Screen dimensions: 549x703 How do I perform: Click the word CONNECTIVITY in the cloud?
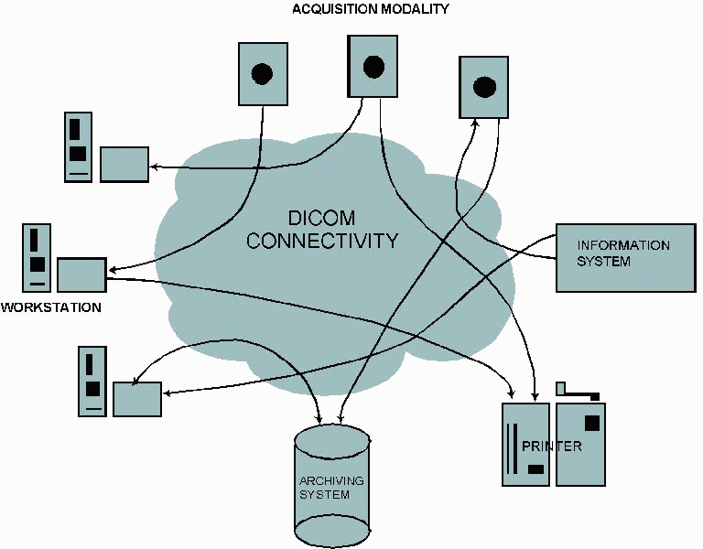click(x=322, y=242)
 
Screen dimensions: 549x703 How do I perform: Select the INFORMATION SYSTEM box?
click(x=625, y=257)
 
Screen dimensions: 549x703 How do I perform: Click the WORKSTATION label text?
click(x=51, y=307)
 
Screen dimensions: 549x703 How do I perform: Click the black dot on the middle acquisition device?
click(x=373, y=66)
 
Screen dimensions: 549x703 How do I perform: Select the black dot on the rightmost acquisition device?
click(x=484, y=87)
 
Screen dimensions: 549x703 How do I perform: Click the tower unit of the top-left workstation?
click(x=78, y=146)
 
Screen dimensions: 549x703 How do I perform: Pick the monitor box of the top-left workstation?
click(x=124, y=164)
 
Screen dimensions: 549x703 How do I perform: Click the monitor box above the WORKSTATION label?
click(x=81, y=274)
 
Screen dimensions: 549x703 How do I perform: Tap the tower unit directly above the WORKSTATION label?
click(x=36, y=258)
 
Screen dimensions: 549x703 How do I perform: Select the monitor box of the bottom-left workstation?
click(x=136, y=398)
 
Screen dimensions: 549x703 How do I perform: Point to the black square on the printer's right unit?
click(x=591, y=423)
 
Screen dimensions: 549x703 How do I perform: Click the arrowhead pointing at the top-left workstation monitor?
click(x=154, y=167)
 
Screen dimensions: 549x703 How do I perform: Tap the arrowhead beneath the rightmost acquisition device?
click(x=475, y=124)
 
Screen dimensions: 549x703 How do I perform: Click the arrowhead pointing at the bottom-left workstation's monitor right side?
click(x=167, y=393)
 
